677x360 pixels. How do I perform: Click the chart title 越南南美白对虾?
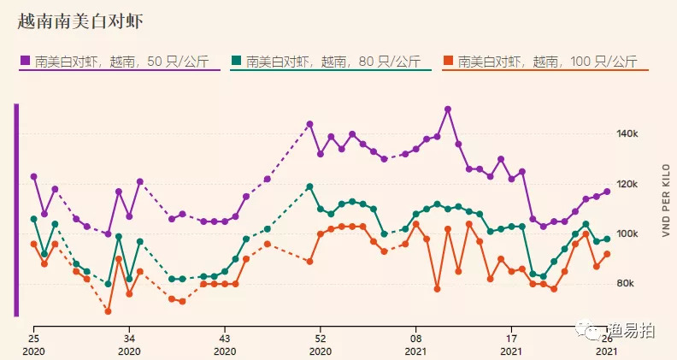(80, 21)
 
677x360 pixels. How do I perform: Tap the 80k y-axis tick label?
(628, 283)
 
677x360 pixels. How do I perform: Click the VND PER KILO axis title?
(664, 206)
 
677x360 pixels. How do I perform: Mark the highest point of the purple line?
(448, 109)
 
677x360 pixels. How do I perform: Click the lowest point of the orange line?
(109, 311)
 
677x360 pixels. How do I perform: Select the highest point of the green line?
(309, 186)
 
